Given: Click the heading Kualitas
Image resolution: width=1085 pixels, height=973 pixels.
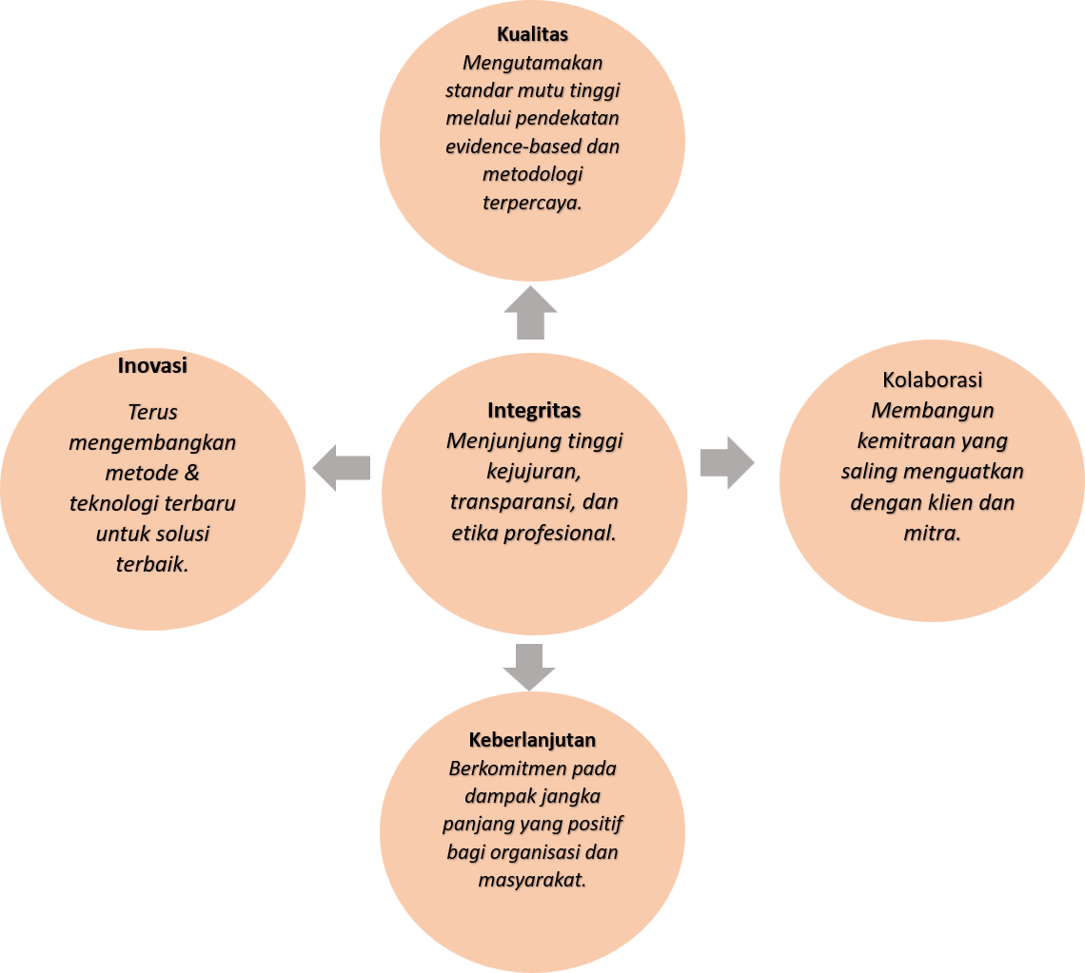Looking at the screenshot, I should tap(532, 35).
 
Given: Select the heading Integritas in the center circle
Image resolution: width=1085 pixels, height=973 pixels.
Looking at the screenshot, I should tap(534, 411).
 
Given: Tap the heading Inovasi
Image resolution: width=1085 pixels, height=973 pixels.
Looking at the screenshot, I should tap(152, 365).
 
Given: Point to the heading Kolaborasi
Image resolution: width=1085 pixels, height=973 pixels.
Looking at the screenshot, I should tap(933, 379).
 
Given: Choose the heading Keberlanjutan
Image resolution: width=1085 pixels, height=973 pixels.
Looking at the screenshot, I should tap(532, 740).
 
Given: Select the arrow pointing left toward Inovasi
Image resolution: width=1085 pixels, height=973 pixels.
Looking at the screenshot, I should tap(341, 467).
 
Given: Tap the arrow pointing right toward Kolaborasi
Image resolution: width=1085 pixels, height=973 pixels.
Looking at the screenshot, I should tap(727, 463).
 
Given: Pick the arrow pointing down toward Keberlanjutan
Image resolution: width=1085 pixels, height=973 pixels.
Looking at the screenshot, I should tap(530, 667).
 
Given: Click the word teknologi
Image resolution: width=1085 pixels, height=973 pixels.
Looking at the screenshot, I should tap(112, 504).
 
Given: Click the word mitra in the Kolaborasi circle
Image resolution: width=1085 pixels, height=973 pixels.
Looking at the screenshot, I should tap(931, 534).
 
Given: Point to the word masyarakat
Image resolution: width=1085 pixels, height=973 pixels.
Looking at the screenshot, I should tap(531, 880).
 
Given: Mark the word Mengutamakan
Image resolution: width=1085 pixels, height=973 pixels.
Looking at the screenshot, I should tap(532, 64).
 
